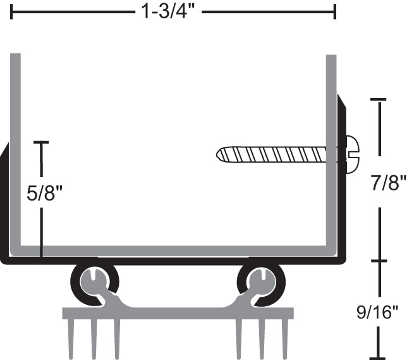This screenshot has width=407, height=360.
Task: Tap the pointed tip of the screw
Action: click(219, 154)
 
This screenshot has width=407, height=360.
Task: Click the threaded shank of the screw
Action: click(272, 154)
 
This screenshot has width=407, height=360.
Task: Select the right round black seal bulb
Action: click(260, 281)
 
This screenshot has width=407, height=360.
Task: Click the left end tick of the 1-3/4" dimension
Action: click(12, 11)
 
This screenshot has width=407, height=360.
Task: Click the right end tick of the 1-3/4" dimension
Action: click(335, 11)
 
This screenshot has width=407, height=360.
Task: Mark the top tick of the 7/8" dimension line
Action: click(378, 100)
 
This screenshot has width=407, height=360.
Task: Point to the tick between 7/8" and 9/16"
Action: click(378, 261)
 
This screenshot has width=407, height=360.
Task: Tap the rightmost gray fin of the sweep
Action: click(285, 335)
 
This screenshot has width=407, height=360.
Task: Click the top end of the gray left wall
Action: click(16, 56)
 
